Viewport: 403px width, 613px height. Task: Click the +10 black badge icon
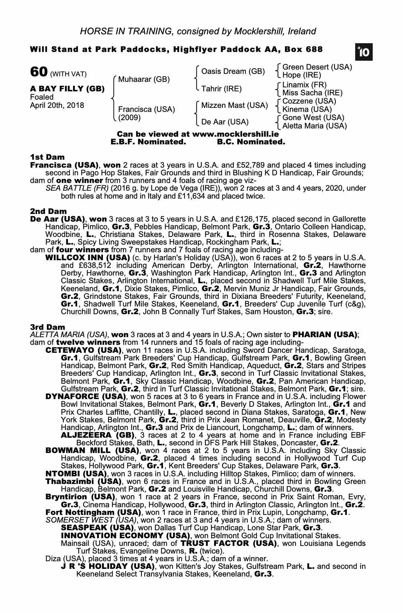(x=364, y=52)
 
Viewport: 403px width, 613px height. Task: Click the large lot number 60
(x=38, y=72)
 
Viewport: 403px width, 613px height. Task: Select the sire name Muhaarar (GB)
(x=144, y=79)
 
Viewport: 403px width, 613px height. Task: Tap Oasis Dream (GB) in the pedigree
(x=233, y=71)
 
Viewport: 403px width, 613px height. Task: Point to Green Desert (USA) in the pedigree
(x=317, y=67)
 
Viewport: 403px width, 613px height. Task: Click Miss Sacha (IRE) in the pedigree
(x=312, y=93)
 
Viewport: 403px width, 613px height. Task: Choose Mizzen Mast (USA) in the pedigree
(x=234, y=105)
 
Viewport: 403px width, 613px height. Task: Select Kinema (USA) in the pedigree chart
(x=307, y=109)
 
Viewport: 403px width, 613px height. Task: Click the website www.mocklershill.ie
(x=235, y=134)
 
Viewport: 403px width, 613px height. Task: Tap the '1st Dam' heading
(x=47, y=157)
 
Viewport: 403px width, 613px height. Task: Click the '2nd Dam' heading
(x=48, y=211)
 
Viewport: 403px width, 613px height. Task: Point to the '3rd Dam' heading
(x=48, y=327)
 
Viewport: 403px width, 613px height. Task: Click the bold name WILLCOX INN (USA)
(x=87, y=258)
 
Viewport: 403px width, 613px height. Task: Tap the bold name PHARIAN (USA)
(x=325, y=335)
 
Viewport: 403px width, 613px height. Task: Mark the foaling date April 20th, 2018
(x=57, y=105)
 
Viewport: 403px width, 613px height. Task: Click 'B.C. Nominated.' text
(x=251, y=142)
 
